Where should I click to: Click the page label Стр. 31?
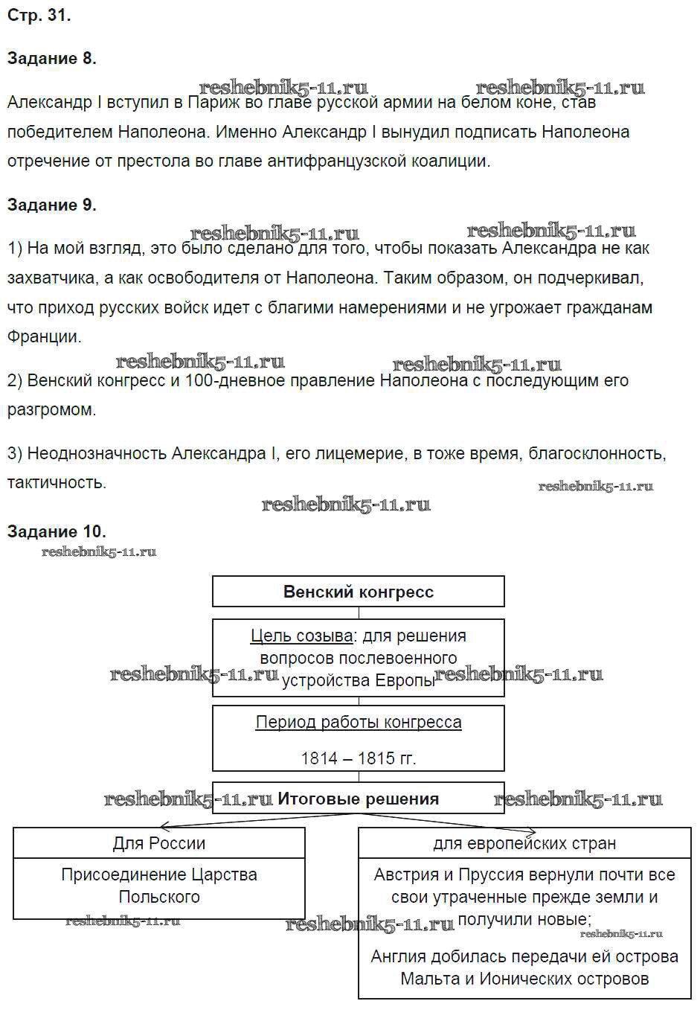point(39,15)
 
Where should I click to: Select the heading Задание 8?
point(51,58)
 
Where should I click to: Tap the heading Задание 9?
point(51,205)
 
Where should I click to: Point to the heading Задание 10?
point(57,531)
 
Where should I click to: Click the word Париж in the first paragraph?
point(214,103)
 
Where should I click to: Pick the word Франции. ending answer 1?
point(44,336)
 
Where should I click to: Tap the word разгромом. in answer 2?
point(51,410)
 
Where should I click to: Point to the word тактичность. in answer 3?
point(57,482)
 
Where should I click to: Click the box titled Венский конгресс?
point(358,592)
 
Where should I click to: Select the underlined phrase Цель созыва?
point(301,636)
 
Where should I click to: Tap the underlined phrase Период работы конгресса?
point(358,722)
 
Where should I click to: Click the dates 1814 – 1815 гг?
point(358,758)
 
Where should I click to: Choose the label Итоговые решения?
point(358,799)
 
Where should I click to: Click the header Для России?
point(158,843)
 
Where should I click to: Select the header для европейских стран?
point(524,843)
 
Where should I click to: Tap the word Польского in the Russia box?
point(159,897)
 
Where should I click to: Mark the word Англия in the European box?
point(399,956)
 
